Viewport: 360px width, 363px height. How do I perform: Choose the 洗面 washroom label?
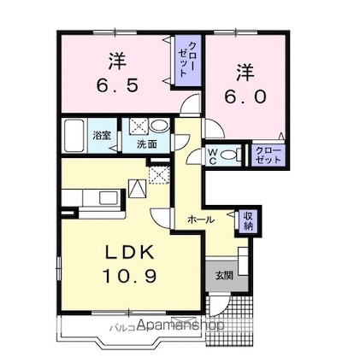[148, 144]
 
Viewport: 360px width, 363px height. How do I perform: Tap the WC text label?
[214, 157]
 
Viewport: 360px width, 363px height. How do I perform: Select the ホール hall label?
[201, 220]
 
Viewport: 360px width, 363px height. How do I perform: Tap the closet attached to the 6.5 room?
[186, 58]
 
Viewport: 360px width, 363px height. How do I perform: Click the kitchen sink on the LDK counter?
[108, 197]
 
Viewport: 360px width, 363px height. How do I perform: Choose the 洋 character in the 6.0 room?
[245, 69]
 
